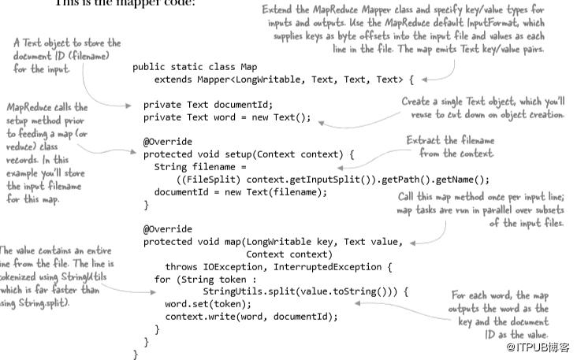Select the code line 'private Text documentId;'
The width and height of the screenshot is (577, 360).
207,104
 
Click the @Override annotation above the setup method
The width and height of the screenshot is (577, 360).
166,142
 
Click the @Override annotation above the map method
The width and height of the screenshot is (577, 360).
166,229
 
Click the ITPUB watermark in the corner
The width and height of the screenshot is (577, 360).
538,347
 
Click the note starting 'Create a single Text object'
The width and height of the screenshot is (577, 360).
482,108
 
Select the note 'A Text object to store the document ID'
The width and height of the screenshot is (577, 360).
66,56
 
